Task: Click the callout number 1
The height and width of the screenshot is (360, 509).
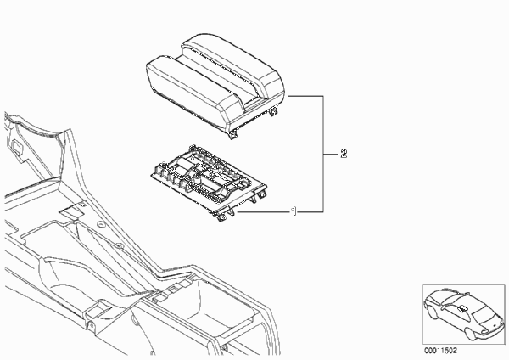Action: click(294, 212)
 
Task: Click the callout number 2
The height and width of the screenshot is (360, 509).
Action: click(344, 154)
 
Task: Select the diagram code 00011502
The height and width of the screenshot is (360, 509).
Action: click(440, 351)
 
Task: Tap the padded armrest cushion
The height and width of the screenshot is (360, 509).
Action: click(215, 84)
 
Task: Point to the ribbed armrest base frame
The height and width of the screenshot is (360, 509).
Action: click(209, 182)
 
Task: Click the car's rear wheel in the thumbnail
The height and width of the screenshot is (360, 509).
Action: click(432, 311)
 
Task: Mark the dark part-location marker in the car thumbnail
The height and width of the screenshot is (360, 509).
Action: click(461, 308)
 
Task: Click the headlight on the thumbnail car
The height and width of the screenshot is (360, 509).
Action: click(484, 331)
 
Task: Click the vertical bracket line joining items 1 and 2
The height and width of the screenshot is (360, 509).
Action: click(323, 154)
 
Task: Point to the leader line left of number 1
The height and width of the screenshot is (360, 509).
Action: click(264, 212)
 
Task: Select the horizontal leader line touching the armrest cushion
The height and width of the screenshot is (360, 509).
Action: click(305, 96)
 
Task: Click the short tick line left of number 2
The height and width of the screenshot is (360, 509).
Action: click(331, 154)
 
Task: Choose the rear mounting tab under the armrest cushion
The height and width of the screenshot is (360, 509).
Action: click(274, 111)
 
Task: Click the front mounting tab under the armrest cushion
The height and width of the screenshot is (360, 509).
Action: click(233, 135)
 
